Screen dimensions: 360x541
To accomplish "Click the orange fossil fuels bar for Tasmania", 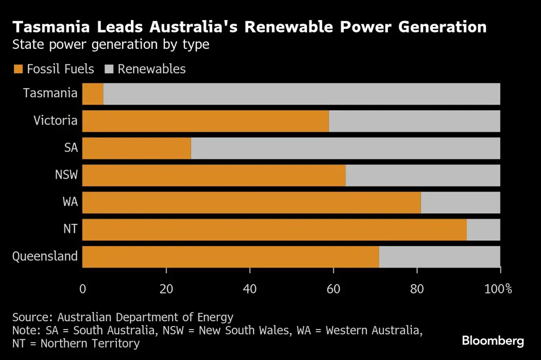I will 93,94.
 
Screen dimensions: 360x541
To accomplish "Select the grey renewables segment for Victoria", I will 414,121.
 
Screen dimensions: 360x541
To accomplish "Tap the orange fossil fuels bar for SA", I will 137,148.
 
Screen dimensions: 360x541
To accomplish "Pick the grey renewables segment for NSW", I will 422,176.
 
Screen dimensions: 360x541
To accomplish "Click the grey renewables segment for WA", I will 460,202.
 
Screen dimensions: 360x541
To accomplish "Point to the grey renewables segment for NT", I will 483,230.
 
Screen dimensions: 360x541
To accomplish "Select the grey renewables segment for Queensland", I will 439,256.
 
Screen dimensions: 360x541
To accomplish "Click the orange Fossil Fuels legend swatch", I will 18,69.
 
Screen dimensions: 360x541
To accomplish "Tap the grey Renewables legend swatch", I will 109,69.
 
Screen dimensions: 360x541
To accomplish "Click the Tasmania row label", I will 50,93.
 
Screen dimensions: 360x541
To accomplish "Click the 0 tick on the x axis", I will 82,289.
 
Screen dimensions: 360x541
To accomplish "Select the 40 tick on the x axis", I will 250,289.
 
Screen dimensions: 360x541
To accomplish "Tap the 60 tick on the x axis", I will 333,289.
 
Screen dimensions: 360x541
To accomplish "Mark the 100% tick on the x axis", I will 497,289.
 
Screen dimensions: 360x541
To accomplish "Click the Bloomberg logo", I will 493,340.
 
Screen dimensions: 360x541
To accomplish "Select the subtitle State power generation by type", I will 111,44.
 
